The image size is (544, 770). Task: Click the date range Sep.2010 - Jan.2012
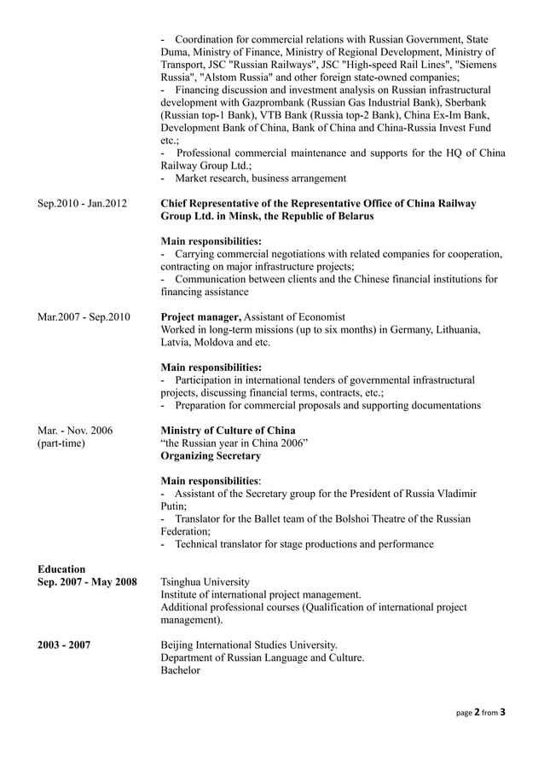(83, 204)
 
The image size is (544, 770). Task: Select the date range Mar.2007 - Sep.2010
(84, 317)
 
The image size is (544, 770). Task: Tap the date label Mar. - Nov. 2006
(75, 431)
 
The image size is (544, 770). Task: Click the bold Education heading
(61, 569)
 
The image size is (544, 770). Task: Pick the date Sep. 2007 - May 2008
(88, 582)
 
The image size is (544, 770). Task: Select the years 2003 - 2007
(65, 645)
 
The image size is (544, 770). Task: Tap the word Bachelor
(180, 670)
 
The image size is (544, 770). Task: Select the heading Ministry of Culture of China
(228, 431)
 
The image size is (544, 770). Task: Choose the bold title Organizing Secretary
(211, 456)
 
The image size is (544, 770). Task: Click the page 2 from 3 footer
(482, 734)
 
